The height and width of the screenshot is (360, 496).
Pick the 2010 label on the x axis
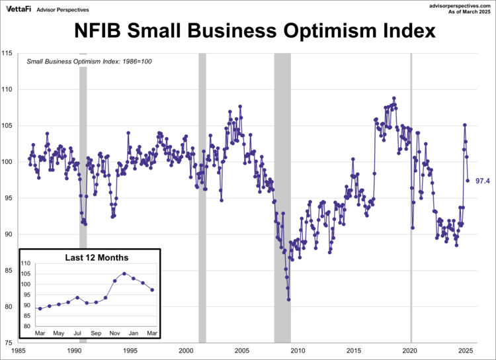298,351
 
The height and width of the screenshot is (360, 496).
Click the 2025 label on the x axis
466,351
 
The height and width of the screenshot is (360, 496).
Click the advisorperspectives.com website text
457,5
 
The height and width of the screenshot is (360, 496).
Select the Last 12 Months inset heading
96,257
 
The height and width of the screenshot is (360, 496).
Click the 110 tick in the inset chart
25,264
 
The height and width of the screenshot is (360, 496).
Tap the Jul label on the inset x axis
77,333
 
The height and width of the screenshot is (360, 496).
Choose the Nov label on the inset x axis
114,333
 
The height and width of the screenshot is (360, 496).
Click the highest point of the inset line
124,273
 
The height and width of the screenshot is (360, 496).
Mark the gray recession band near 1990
83,199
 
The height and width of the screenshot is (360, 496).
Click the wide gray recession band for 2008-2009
282,199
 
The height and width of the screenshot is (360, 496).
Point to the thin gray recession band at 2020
411,199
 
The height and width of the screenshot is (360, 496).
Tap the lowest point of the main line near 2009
289,299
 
